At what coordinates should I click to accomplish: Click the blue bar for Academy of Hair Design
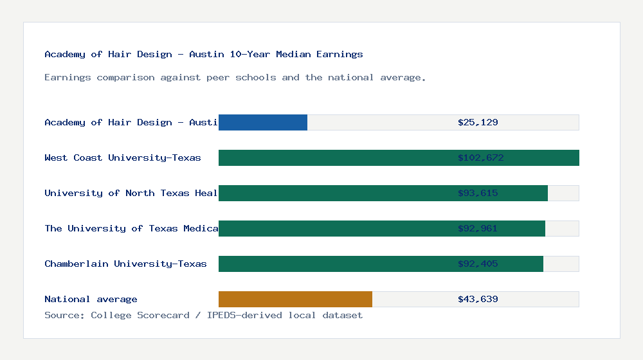pos(263,122)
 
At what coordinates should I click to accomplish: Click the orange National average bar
pos(295,299)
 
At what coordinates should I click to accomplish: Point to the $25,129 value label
pos(478,122)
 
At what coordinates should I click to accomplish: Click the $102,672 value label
pos(478,157)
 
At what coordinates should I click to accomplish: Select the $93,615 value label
pos(478,193)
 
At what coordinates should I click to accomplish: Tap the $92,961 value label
pos(478,228)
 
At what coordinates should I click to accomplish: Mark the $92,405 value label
pos(478,264)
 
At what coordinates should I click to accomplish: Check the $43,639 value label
pos(478,299)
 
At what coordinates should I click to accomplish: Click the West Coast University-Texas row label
pos(123,157)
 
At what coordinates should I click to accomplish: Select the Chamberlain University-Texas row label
pos(125,264)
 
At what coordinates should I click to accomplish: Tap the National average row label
pos(91,299)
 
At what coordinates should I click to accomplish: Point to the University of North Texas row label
pos(131,193)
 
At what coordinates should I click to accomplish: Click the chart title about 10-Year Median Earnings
pos(204,54)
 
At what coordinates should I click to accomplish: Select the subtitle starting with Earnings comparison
pos(235,77)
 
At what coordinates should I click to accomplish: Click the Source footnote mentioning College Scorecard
pos(203,315)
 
